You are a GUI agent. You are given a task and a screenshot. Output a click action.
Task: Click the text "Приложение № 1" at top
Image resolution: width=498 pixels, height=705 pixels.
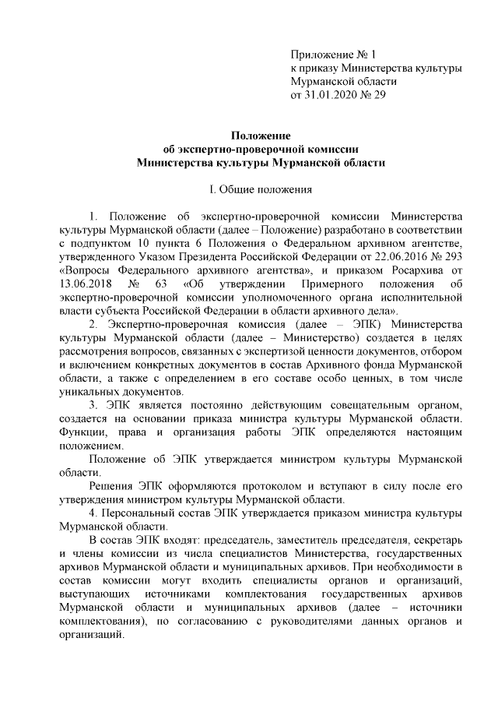point(332,55)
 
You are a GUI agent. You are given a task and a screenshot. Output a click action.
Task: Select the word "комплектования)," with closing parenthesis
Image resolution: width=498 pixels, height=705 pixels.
point(103,620)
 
